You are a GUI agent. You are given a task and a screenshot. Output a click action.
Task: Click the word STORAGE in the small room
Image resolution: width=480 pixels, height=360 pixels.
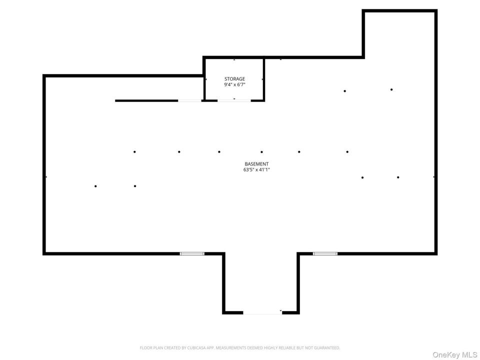coord(234,79)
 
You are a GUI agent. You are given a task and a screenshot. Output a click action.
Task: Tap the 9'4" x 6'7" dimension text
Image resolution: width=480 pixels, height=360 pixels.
coord(234,85)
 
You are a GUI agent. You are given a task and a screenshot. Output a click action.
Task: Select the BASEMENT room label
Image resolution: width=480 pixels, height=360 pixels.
coord(256,164)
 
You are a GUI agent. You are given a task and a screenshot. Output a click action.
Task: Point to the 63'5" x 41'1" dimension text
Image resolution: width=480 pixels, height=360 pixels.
coord(256,169)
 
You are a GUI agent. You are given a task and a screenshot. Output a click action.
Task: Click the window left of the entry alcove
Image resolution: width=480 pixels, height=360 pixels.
coord(192,253)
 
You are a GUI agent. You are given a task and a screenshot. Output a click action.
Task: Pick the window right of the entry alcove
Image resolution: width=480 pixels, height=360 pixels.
coord(325,253)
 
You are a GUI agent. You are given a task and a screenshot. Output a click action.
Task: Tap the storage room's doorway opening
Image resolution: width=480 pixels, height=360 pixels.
coord(234,100)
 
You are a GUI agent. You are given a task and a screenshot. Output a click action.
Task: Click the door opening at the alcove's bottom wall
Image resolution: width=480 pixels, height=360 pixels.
coord(262,312)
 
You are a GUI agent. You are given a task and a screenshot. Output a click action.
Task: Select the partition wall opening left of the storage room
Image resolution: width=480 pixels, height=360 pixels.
coord(190,100)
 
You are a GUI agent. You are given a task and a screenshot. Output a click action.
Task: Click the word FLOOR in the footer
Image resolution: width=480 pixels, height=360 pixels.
coord(145,348)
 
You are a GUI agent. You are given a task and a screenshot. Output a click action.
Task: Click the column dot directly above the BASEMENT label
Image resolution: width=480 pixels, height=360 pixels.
coord(261,152)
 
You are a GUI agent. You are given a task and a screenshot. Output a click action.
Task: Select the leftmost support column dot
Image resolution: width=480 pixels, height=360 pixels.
coord(95,186)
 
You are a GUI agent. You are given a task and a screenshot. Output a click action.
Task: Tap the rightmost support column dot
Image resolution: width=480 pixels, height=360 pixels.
coord(398,177)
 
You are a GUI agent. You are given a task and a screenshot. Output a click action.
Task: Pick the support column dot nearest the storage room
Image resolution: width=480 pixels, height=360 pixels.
coord(219,152)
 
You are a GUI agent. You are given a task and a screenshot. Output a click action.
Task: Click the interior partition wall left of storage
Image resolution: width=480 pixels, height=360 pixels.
coord(146,100)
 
